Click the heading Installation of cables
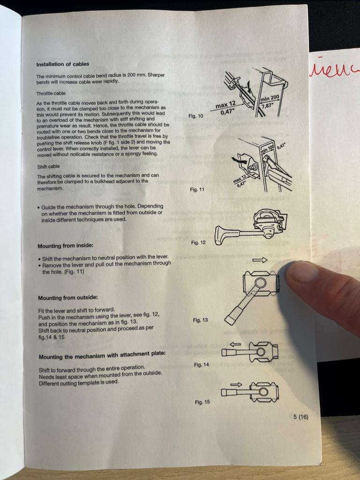pos(63,64)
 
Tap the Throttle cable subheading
pos(51,93)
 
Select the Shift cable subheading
pos(48,166)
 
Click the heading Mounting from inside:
pos(66,246)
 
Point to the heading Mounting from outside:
pos(68,298)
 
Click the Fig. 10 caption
pos(195,116)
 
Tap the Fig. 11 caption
pos(197,189)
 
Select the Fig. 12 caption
pos(198,243)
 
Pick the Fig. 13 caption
pos(200,320)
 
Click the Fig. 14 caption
pos(202,365)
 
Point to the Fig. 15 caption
pos(202,402)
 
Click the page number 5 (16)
pos(300,417)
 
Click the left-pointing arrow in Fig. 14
pos(235,344)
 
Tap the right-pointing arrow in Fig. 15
pos(236,384)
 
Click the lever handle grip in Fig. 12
pos(221,235)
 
